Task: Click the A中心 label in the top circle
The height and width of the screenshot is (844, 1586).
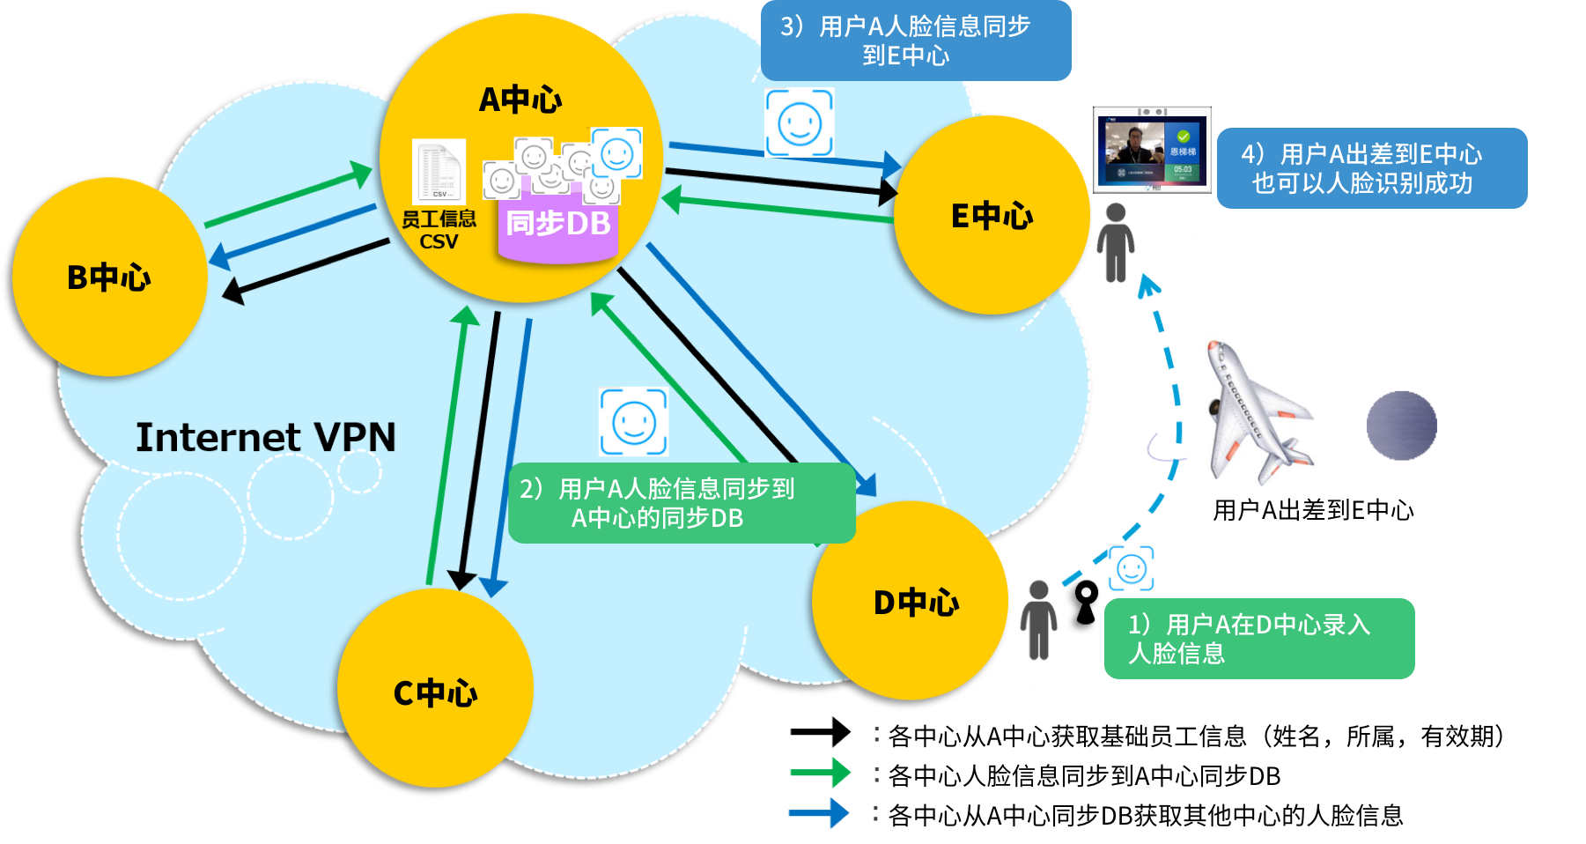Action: pyautogui.click(x=520, y=100)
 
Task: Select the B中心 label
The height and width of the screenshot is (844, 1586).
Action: pyautogui.click(x=108, y=278)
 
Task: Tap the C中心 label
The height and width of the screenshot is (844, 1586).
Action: pyautogui.click(x=435, y=693)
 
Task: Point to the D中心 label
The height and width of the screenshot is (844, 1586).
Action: pyautogui.click(x=916, y=603)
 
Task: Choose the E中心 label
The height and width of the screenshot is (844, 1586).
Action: pyautogui.click(x=992, y=216)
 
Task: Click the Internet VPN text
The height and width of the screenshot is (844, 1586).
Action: pyautogui.click(x=265, y=438)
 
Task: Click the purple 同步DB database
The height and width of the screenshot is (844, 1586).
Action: pyautogui.click(x=557, y=225)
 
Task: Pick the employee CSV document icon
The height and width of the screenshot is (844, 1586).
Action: pyautogui.click(x=439, y=172)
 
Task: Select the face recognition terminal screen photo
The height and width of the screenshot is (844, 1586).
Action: pyautogui.click(x=1152, y=150)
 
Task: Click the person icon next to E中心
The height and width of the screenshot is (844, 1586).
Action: pyautogui.click(x=1116, y=242)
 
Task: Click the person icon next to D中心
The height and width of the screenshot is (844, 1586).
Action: pyautogui.click(x=1039, y=619)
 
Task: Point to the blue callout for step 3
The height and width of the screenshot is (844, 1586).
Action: pyautogui.click(x=916, y=41)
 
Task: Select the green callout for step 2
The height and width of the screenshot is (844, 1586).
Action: pyautogui.click(x=682, y=503)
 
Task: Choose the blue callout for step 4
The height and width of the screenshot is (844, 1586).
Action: pyautogui.click(x=1371, y=168)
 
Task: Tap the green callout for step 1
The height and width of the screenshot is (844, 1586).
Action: pyautogui.click(x=1259, y=639)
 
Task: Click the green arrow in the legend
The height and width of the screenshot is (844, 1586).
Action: pyautogui.click(x=820, y=773)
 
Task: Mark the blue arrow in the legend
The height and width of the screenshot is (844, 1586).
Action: pyautogui.click(x=819, y=813)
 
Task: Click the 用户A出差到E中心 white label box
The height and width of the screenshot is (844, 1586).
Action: pyautogui.click(x=1331, y=512)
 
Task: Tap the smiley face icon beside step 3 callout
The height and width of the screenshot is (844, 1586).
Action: pyautogui.click(x=800, y=122)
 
